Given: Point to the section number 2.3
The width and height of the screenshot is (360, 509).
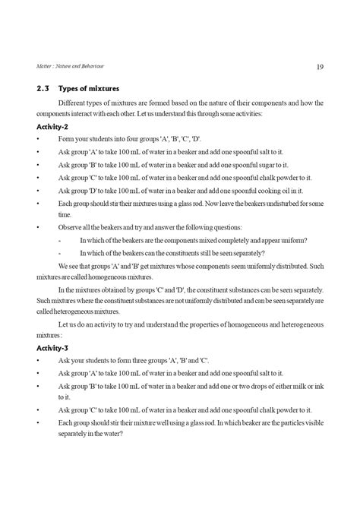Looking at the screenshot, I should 42,88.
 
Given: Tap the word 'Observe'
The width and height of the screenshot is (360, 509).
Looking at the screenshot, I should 70,227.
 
